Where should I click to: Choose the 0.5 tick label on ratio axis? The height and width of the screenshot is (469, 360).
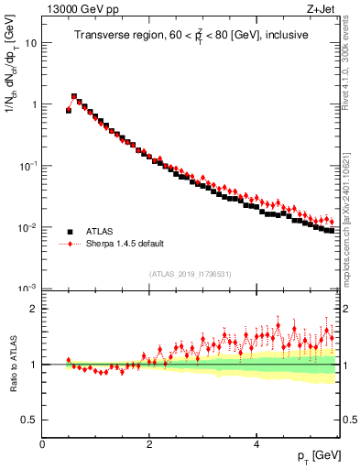pyautogui.click(x=28, y=420)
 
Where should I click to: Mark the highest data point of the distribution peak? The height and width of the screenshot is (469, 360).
pyautogui.click(x=74, y=95)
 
